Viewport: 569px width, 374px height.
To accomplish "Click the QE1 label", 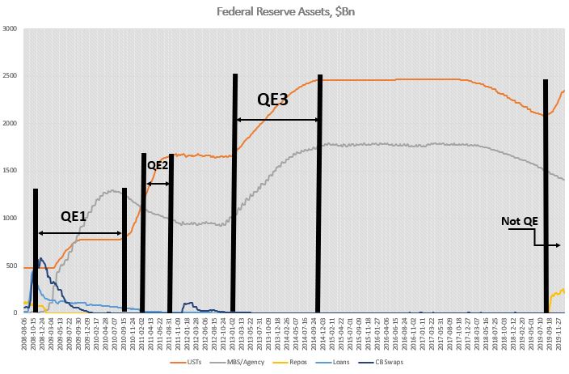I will [x=80, y=218].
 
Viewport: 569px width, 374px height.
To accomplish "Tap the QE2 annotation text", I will [x=157, y=165].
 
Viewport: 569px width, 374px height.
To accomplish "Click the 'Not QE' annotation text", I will [x=519, y=220].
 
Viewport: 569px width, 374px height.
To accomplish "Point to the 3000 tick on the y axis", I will [x=11, y=29].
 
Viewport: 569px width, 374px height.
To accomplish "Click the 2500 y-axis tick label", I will [x=11, y=76].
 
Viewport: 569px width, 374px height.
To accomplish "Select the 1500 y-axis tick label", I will [x=11, y=171].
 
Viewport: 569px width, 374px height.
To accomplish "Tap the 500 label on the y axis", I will [x=13, y=266].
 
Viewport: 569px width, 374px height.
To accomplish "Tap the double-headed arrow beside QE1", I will [x=80, y=233].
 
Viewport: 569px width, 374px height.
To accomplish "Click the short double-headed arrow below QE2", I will [x=158, y=184].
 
